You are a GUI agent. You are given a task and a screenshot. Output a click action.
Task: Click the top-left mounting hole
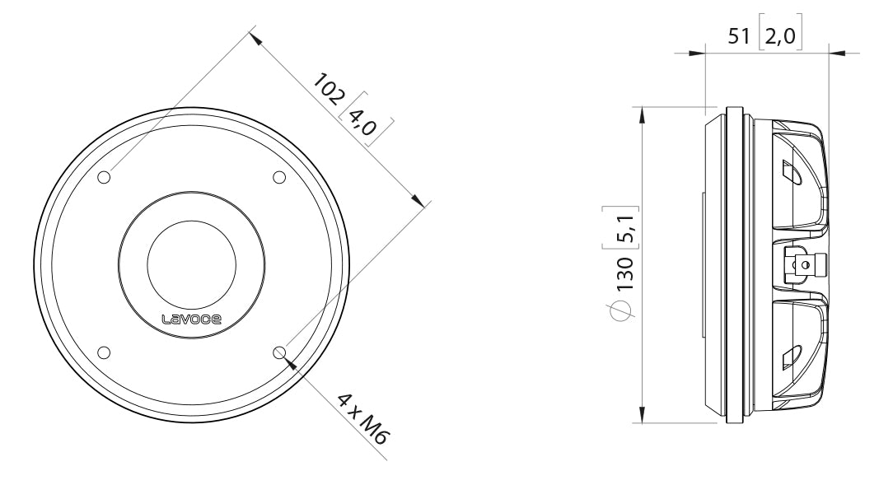pos(104,178)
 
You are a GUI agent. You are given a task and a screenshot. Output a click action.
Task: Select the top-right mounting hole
pos(278,178)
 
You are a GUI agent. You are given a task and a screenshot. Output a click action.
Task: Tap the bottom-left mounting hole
pos(104,352)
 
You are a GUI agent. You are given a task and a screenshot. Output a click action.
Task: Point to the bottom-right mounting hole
pos(279,352)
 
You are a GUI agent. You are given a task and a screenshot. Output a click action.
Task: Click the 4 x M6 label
pos(362,418)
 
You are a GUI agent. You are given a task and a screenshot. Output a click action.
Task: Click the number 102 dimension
pos(328,90)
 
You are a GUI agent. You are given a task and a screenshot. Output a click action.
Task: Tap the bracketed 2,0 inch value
pos(780,37)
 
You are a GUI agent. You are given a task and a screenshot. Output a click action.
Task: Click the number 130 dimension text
pos(626,273)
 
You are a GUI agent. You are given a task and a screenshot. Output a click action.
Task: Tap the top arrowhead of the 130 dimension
pos(643,113)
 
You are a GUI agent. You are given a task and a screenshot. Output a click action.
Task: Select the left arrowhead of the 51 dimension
pos(697,54)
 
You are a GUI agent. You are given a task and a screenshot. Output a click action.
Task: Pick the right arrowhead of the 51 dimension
pos(837,54)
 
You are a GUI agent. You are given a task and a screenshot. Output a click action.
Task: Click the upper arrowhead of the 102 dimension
pos(255,37)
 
